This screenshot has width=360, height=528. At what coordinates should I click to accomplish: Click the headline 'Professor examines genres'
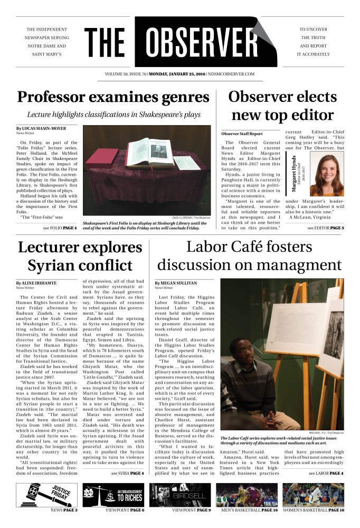[113, 97]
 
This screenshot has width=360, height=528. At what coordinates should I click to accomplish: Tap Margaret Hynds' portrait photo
[327, 175]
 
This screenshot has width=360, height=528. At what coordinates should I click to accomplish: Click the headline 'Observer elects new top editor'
[282, 106]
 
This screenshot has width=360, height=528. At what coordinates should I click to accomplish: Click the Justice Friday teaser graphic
[45, 495]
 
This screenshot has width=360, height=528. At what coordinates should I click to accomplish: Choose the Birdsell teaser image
[180, 495]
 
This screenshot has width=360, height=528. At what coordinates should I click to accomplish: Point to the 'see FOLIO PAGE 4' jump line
[60, 228]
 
